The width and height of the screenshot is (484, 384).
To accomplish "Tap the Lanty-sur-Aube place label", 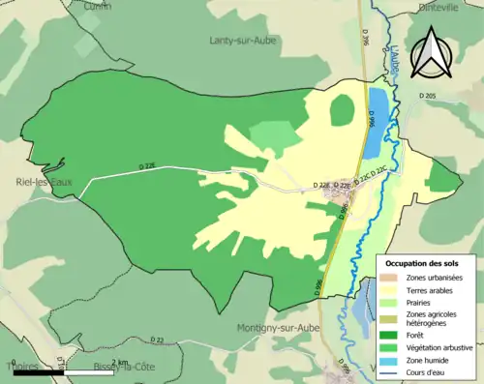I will click(x=240, y=40).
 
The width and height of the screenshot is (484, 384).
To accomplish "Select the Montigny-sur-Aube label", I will click(x=277, y=328).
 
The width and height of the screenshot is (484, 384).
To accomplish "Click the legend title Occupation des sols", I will click(x=423, y=263).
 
